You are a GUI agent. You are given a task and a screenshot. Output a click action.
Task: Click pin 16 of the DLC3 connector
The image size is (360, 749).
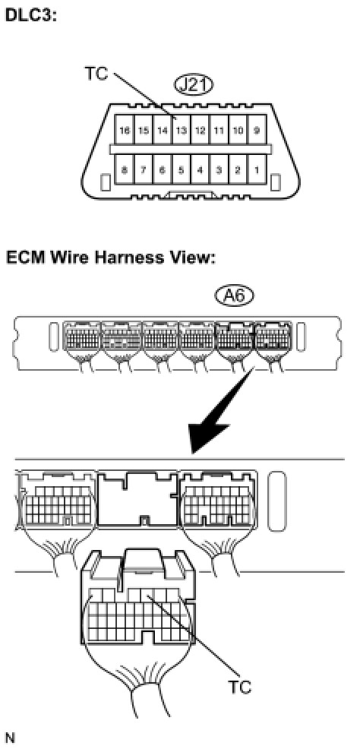point(125,129)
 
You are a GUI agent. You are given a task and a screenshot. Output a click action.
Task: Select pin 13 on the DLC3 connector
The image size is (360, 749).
point(181,129)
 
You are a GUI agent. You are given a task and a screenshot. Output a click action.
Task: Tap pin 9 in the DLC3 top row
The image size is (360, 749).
point(257,129)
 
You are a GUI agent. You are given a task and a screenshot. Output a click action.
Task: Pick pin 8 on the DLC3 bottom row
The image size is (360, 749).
point(125,169)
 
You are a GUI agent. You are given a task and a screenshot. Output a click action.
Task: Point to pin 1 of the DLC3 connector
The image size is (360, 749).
point(257,169)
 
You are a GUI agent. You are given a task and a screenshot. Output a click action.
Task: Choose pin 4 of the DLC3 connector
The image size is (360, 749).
point(200,169)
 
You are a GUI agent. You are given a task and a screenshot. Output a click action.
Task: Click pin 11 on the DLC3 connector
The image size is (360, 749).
point(219,129)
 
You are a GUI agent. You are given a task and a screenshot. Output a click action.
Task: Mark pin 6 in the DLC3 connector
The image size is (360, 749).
point(163,169)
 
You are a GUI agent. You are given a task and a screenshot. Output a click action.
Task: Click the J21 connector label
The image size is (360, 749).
point(194,86)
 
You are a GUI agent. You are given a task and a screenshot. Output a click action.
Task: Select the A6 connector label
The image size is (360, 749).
point(234,297)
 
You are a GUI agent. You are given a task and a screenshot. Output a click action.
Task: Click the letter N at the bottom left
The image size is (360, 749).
point(10,738)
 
